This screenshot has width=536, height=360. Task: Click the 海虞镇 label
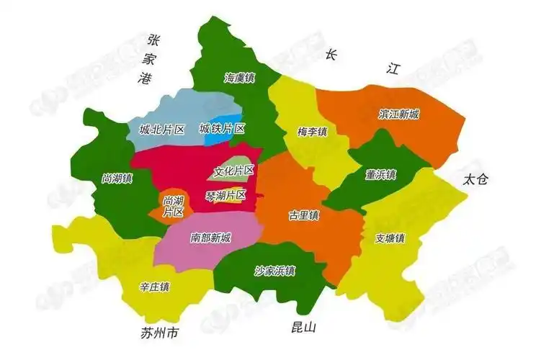pyautogui.click(x=239, y=77)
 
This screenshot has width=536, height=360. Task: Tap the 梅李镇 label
pyautogui.click(x=312, y=132)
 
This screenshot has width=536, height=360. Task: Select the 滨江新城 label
pyautogui.click(x=399, y=114)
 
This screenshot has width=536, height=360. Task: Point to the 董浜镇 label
pyautogui.click(x=380, y=174)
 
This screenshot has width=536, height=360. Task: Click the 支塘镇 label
pyautogui.click(x=390, y=238)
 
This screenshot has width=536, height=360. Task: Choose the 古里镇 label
pyautogui.click(x=304, y=215)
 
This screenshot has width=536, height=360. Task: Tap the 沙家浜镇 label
pyautogui.click(x=274, y=271)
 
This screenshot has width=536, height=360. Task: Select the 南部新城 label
pyautogui.click(x=211, y=238)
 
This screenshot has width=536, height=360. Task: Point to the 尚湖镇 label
pyautogui.click(x=117, y=179)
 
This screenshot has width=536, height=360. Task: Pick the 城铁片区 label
pyautogui.click(x=222, y=129)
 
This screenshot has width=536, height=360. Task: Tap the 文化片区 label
pyautogui.click(x=234, y=171)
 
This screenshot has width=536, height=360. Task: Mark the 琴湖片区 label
pyautogui.click(x=226, y=195)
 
